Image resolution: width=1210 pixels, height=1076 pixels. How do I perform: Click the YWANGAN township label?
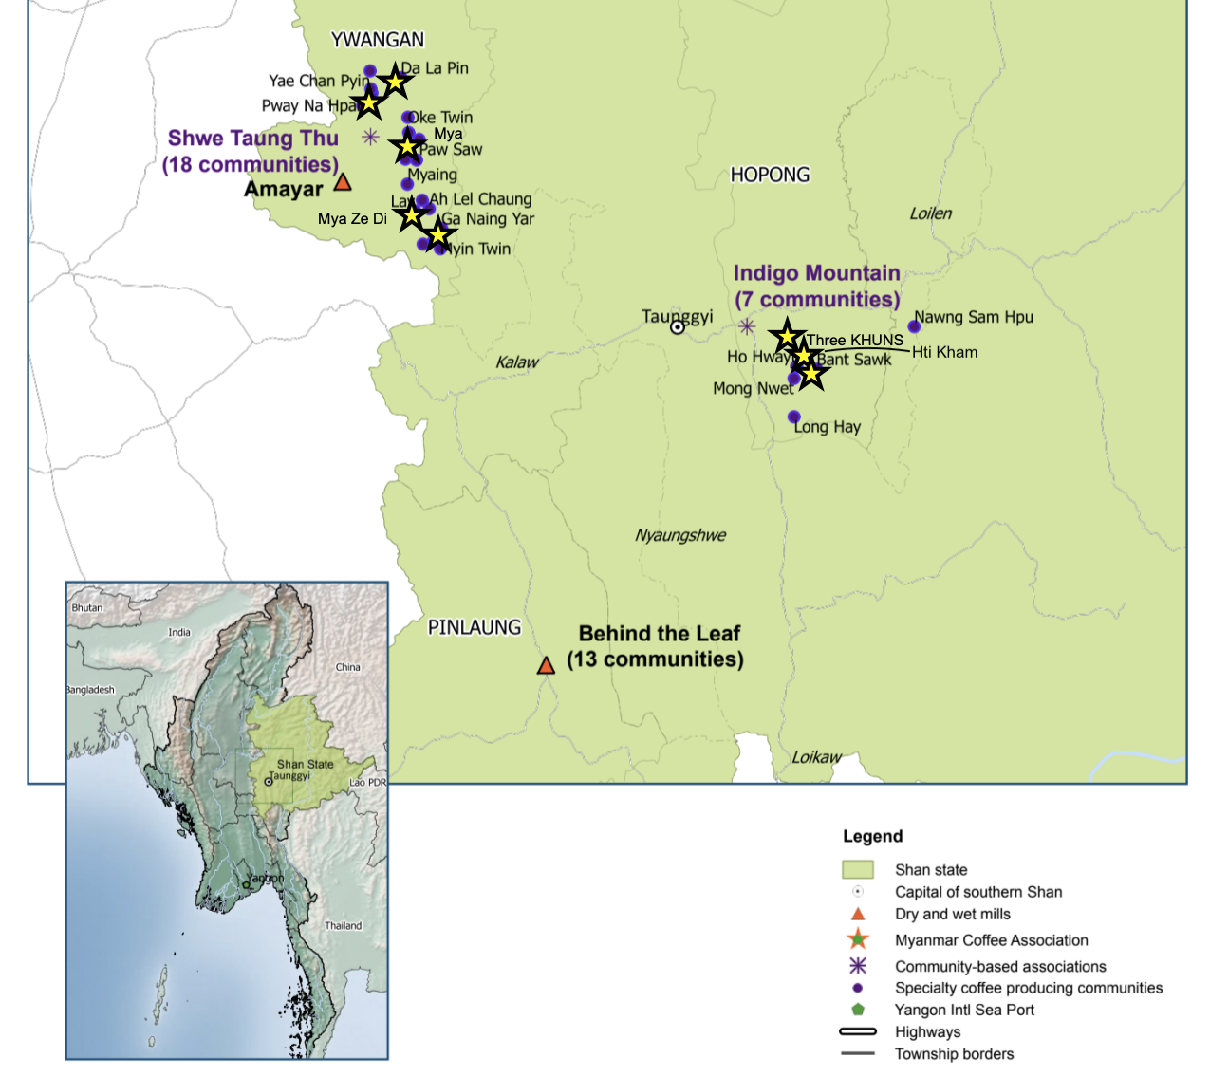tap(378, 40)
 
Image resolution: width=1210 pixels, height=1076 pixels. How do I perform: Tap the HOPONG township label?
tap(770, 175)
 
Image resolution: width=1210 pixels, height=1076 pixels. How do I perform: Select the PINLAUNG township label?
tap(475, 627)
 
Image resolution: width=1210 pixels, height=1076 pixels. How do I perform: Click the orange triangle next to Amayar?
tap(343, 182)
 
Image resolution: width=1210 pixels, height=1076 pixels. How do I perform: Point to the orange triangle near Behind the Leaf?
tap(546, 666)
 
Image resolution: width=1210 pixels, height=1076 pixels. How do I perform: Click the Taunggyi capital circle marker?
tap(678, 327)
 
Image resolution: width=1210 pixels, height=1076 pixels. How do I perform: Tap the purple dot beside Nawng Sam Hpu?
tap(914, 326)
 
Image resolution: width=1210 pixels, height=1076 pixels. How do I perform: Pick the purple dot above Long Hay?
tap(794, 417)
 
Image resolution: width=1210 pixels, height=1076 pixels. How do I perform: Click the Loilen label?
tap(930, 213)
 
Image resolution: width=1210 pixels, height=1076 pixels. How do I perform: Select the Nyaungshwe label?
tap(680, 535)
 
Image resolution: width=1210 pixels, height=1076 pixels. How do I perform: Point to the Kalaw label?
tap(517, 362)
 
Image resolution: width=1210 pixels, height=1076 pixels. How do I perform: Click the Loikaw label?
tap(816, 757)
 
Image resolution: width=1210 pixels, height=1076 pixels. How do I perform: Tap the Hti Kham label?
tap(944, 352)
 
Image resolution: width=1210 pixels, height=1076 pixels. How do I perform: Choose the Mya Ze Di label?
tap(352, 219)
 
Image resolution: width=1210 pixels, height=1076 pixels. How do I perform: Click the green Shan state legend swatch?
tap(857, 869)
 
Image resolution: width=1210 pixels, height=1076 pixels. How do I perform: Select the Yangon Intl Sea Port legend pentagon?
tap(858, 1010)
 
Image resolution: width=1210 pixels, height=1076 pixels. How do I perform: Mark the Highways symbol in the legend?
tap(857, 1031)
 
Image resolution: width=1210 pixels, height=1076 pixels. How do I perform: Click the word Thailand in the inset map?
tap(343, 926)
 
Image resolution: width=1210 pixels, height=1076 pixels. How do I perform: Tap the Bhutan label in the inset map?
tap(86, 608)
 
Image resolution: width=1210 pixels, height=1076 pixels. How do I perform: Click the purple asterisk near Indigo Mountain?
tap(747, 327)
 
